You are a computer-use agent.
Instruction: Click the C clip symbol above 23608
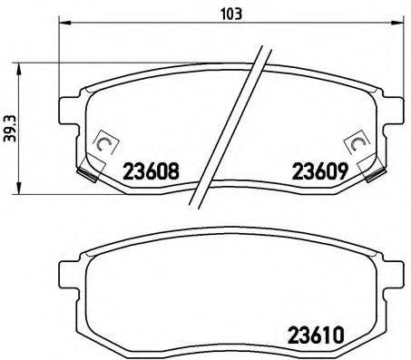(103, 143)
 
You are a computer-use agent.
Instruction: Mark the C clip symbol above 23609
(355, 143)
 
